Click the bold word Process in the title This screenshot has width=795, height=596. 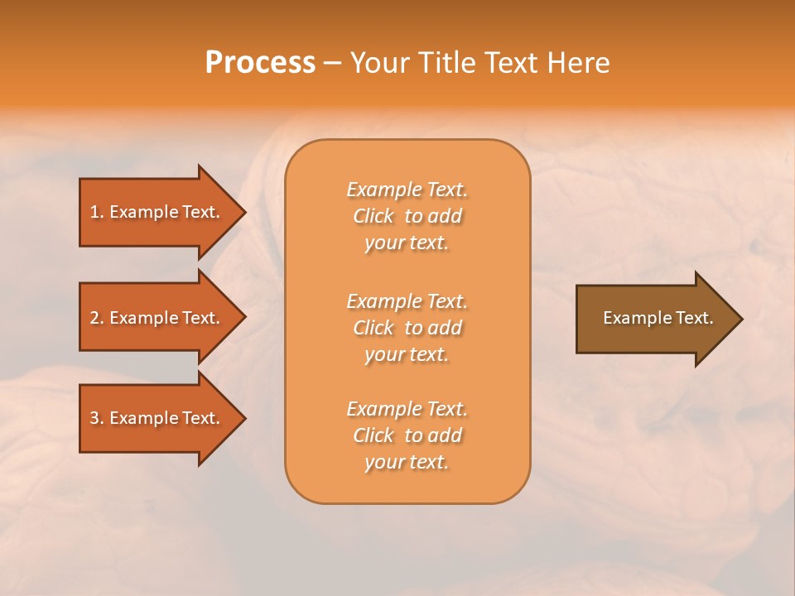click(260, 63)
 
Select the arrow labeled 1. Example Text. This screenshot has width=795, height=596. click(154, 212)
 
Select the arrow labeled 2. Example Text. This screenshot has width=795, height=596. click(154, 318)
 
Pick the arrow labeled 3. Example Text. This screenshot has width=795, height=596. click(154, 418)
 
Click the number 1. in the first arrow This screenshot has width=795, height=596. click(97, 212)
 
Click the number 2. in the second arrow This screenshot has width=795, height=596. click(97, 318)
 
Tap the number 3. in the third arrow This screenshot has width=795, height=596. click(97, 418)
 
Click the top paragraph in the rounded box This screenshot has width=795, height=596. click(407, 216)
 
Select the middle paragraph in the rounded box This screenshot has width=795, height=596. click(407, 328)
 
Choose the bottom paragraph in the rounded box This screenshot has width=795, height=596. click(407, 435)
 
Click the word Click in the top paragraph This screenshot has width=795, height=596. click(373, 217)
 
